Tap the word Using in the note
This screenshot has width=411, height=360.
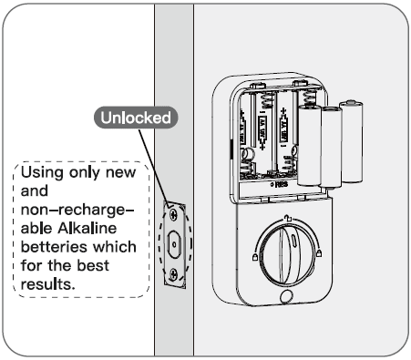pyautogui.click(x=41, y=172)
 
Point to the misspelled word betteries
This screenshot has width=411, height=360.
pyautogui.click(x=56, y=248)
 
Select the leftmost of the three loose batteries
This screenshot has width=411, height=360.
pyautogui.click(x=309, y=145)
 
